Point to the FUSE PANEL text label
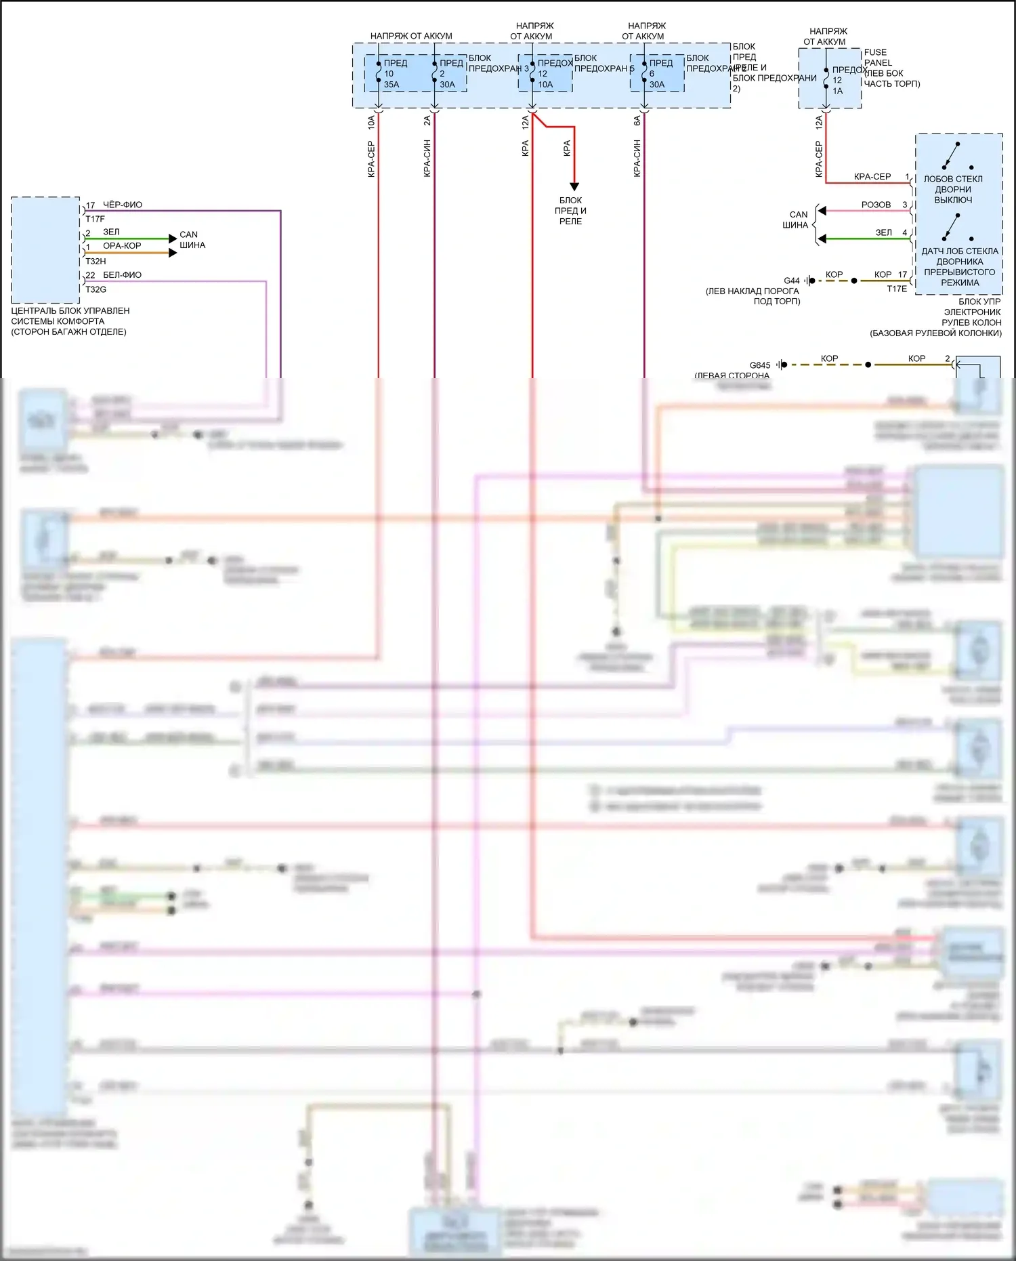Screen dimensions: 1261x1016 pyautogui.click(x=877, y=57)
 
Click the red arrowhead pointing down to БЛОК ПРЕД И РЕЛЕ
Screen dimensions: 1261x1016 pyautogui.click(x=574, y=186)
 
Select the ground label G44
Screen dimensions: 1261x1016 pyautogui.click(x=791, y=281)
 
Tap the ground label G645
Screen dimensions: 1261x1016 pyautogui.click(x=759, y=365)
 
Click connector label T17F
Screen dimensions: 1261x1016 pyautogui.click(x=95, y=219)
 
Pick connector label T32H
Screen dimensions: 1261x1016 pyautogui.click(x=96, y=261)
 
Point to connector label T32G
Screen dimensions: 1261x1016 pyautogui.click(x=96, y=289)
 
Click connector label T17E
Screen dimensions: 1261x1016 pyautogui.click(x=897, y=289)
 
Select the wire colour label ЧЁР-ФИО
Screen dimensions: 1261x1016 pyautogui.click(x=122, y=205)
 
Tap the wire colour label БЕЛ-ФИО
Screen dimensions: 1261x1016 pyautogui.click(x=122, y=275)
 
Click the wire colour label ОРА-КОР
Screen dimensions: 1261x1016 pyautogui.click(x=122, y=246)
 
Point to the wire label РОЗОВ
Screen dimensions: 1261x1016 pyautogui.click(x=876, y=205)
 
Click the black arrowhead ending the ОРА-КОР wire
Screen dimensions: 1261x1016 pyautogui.click(x=173, y=253)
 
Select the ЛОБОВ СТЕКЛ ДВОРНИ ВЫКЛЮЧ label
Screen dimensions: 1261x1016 pyautogui.click(x=953, y=190)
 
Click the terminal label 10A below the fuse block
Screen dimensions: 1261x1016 pyautogui.click(x=371, y=123)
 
